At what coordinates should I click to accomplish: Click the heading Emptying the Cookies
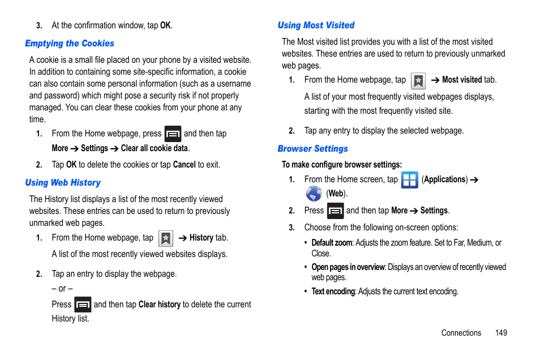(x=70, y=44)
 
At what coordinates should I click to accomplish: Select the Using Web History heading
(x=63, y=183)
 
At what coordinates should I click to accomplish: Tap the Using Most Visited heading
(x=316, y=25)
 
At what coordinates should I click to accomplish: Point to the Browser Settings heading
(x=312, y=149)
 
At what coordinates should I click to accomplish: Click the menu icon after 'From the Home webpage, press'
(x=173, y=134)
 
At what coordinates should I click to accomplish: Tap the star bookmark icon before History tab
(x=166, y=238)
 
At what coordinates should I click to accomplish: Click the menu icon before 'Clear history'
(x=83, y=305)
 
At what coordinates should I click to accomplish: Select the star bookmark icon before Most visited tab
(x=418, y=81)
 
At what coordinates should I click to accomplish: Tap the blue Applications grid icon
(x=409, y=180)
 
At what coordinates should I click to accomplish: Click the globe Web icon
(x=314, y=194)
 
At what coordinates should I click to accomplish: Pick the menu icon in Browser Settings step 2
(x=335, y=211)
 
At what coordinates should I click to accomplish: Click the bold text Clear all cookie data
(x=155, y=148)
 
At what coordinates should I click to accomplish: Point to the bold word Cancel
(x=184, y=165)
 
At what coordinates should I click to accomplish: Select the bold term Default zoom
(x=332, y=243)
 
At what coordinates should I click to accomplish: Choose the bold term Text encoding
(x=333, y=292)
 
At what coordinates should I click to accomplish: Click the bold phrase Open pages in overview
(x=348, y=267)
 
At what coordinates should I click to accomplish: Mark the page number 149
(x=501, y=333)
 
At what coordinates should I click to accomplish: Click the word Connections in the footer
(x=461, y=333)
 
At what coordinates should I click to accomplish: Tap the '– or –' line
(x=62, y=289)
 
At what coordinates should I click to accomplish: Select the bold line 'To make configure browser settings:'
(x=341, y=165)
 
